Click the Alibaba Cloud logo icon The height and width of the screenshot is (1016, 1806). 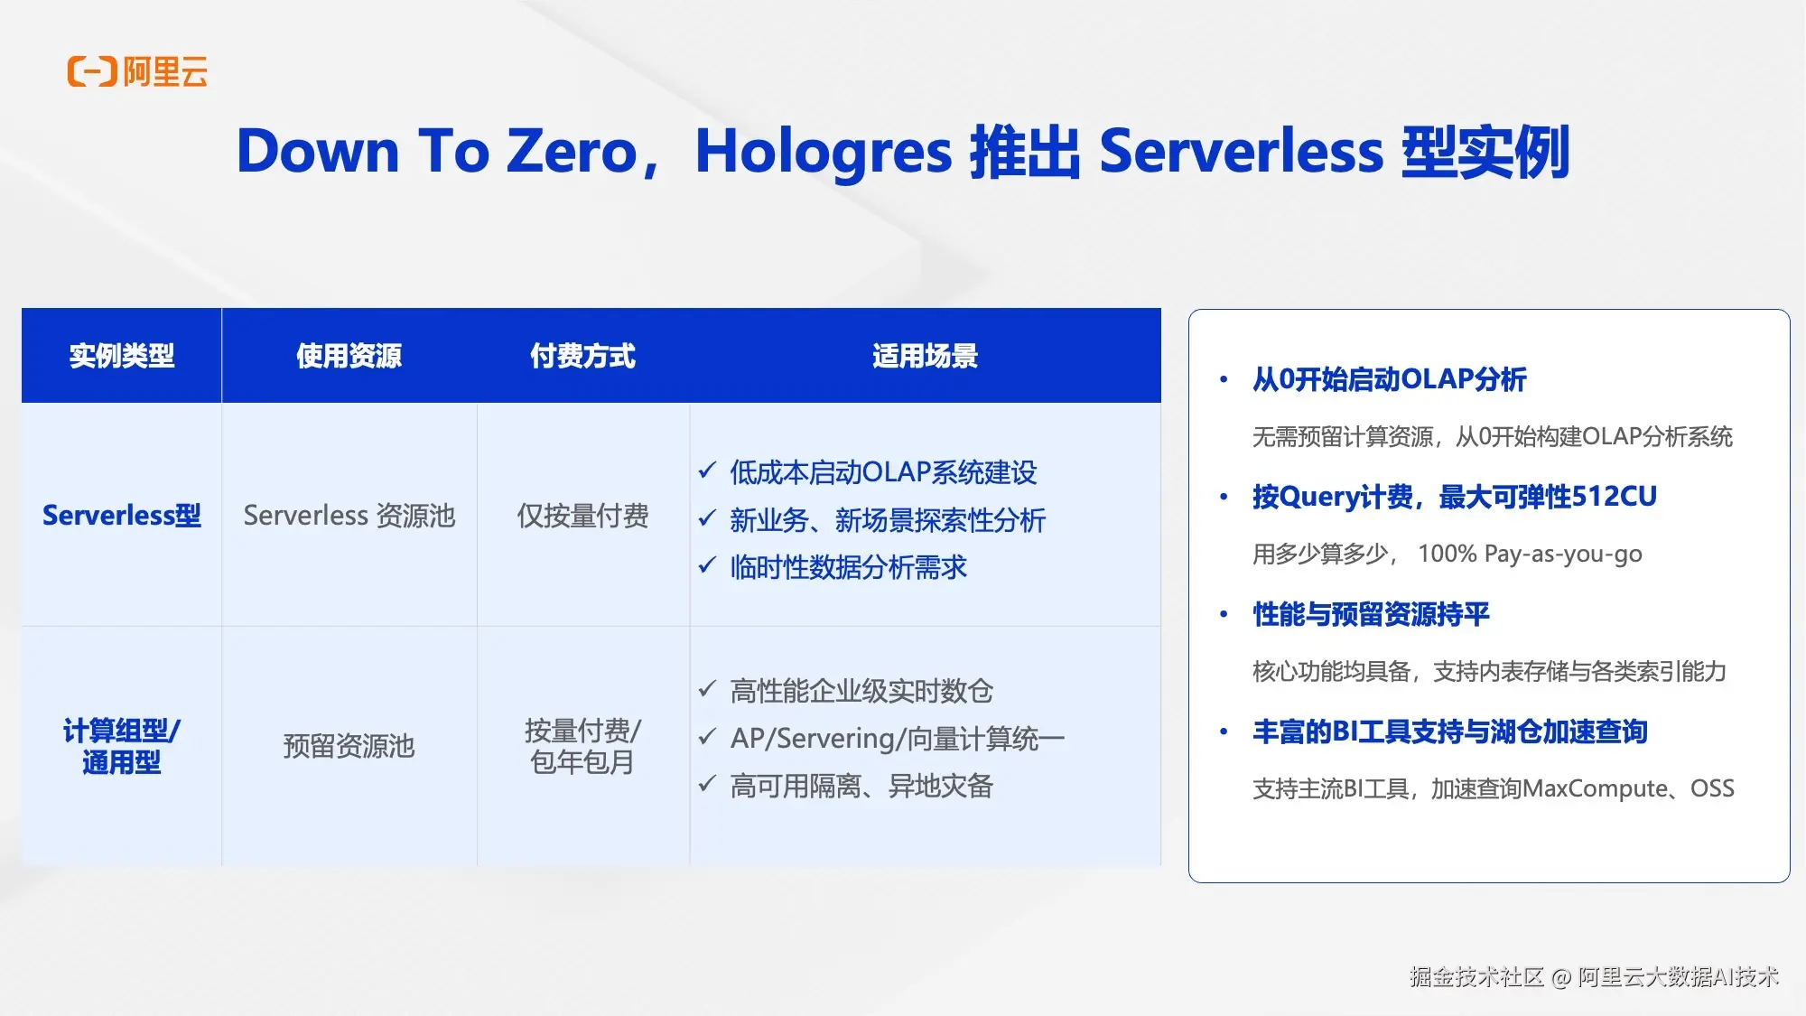coord(92,71)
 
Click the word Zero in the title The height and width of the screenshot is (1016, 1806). coord(573,151)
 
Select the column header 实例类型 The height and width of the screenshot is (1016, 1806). coord(122,356)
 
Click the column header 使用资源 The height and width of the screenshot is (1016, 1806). coord(349,356)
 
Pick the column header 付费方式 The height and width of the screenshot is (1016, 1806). coord(583,356)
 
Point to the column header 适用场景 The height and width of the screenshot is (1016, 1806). coord(926,356)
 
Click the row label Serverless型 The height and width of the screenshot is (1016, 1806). coord(122,516)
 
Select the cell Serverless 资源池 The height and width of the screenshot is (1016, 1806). coord(349,516)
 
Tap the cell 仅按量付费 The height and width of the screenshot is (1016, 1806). coord(583,516)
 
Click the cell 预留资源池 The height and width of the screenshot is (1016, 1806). coord(349,746)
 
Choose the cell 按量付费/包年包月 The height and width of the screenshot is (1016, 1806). coord(583,746)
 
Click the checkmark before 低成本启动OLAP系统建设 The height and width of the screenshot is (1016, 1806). coord(707,471)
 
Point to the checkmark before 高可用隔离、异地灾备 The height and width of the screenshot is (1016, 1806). coord(707,784)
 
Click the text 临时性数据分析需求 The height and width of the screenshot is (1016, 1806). coord(849,567)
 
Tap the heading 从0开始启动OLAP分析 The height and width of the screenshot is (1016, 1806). coord(1390,379)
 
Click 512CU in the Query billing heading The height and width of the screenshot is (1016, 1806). coord(1615,497)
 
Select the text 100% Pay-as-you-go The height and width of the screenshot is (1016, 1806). coord(1530,554)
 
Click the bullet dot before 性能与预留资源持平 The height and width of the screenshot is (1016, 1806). coord(1224,614)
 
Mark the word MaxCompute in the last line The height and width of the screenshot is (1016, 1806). coord(1595,788)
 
